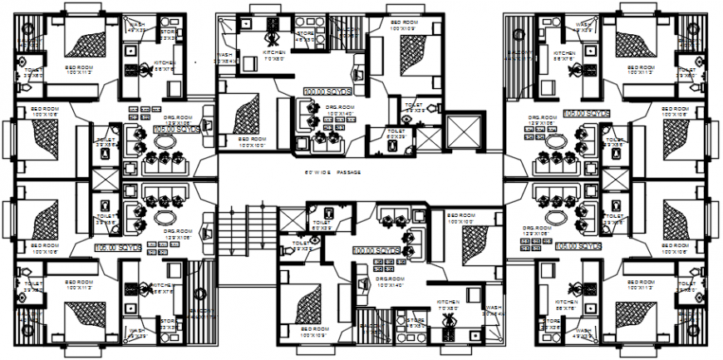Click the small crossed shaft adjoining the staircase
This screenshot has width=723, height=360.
294,219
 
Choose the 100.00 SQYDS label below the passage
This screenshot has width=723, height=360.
376,249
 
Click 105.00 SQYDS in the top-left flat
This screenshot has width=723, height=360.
177,131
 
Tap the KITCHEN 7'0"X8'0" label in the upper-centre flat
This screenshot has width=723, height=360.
275,57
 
